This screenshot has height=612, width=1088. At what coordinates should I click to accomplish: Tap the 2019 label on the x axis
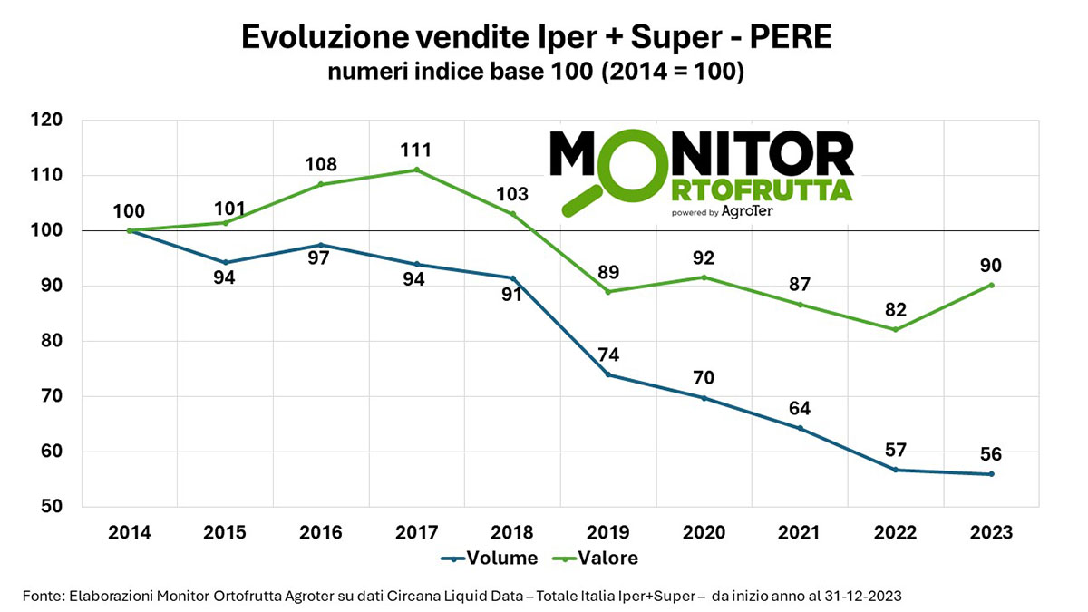(x=608, y=532)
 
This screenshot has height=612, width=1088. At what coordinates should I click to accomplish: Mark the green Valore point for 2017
(x=417, y=170)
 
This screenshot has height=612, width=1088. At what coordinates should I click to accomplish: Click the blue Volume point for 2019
(x=608, y=374)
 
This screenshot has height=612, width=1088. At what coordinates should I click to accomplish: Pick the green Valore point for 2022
(x=896, y=329)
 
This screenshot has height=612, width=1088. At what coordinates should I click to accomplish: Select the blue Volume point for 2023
(x=992, y=473)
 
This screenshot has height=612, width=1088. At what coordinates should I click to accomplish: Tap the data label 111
(x=417, y=150)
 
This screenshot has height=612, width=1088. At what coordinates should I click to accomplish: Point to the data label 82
(x=896, y=309)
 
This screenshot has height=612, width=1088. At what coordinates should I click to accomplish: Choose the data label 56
(x=992, y=454)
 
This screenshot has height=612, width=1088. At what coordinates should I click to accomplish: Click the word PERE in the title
(x=780, y=38)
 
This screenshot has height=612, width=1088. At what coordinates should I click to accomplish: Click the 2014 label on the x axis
(x=130, y=532)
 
